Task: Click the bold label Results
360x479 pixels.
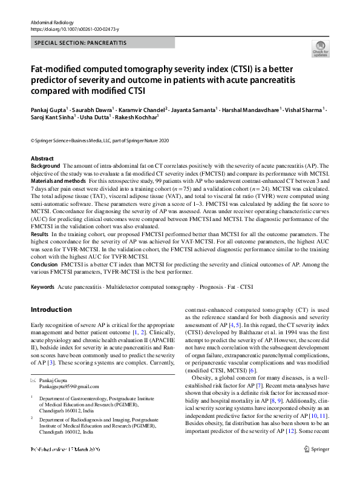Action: (x=40, y=233)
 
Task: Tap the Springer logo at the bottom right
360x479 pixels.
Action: (x=318, y=466)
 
